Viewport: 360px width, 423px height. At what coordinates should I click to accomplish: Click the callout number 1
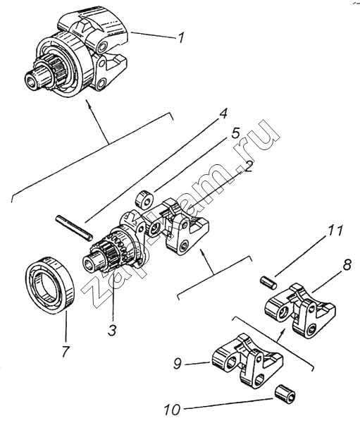pos(181,37)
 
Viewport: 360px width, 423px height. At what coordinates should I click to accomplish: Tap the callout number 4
pos(222,114)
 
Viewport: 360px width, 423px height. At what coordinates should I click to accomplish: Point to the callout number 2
pos(248,166)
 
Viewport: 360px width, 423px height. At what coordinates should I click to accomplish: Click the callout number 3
pos(112,330)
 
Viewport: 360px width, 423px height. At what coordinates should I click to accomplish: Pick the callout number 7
pos(66,351)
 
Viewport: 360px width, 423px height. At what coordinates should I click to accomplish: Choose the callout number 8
pos(347,265)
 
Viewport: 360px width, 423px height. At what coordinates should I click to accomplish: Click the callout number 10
pos(172,410)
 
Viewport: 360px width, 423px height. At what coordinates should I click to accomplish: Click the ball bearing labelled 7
pos(51,285)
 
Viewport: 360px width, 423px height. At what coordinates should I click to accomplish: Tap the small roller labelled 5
pos(144,200)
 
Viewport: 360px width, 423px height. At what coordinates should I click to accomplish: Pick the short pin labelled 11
pos(268,283)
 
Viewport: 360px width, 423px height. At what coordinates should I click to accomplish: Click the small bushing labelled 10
pos(285,396)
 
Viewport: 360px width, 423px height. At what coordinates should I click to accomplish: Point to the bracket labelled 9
pos(247,360)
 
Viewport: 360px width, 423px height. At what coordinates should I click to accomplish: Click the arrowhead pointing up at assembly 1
pos(88,104)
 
